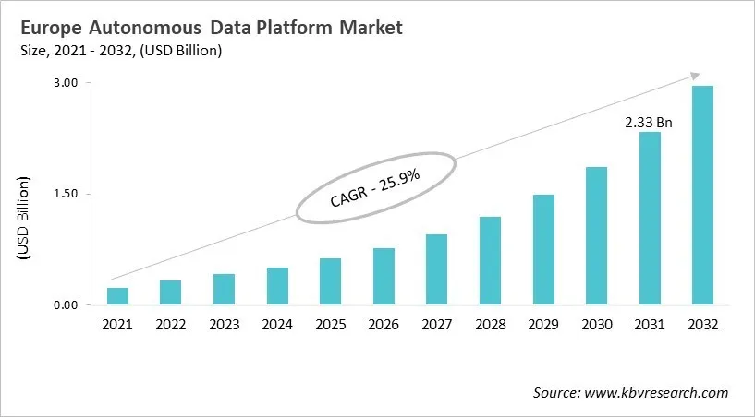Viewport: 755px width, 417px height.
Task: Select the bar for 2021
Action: (117, 296)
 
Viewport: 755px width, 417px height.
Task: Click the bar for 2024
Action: (277, 286)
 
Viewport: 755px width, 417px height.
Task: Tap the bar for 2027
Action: (436, 269)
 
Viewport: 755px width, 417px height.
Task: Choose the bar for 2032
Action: (702, 195)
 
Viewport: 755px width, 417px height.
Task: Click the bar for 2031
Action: (650, 218)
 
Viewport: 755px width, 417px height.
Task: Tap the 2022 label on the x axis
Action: (170, 325)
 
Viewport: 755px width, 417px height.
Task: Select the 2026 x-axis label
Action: (384, 325)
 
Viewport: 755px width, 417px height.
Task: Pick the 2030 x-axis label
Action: (596, 325)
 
